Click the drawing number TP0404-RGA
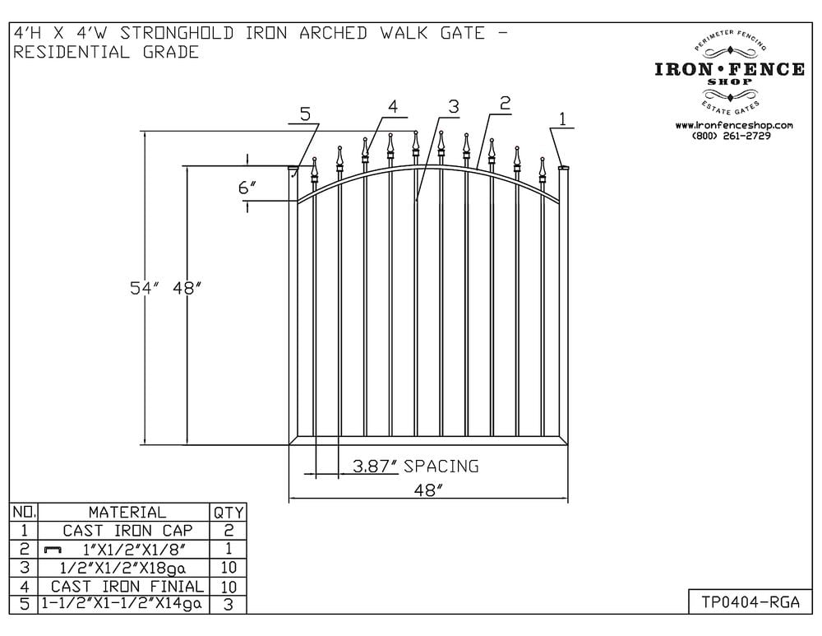click(750, 602)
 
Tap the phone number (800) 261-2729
click(732, 136)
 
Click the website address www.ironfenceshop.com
click(733, 125)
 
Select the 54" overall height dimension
click(141, 288)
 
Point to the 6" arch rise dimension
click(247, 188)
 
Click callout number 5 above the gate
click(305, 114)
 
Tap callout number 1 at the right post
click(562, 119)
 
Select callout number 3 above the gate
click(454, 107)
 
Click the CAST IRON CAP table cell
click(127, 531)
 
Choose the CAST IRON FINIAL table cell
click(127, 586)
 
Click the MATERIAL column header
click(127, 512)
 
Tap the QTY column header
click(228, 512)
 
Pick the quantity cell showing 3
click(228, 605)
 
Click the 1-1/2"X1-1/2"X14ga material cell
click(122, 604)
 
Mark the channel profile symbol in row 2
click(53, 550)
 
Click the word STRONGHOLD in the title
click(178, 33)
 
